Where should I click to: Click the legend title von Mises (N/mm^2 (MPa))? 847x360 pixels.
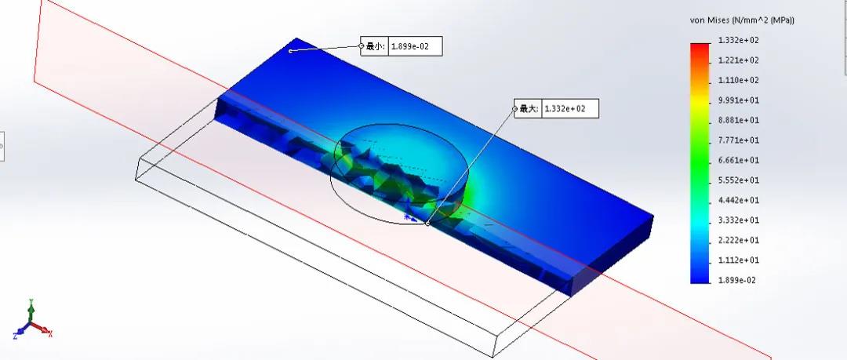click(742, 20)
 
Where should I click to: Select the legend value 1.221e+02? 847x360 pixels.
click(739, 60)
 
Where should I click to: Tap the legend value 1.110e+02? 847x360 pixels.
click(739, 80)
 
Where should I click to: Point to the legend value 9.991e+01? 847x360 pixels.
click(739, 100)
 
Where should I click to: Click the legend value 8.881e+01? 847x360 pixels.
click(739, 120)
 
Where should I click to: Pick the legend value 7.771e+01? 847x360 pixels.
click(739, 140)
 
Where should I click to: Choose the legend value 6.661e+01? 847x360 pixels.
click(739, 160)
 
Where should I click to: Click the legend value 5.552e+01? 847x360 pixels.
click(739, 180)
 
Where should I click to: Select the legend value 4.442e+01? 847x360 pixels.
click(739, 200)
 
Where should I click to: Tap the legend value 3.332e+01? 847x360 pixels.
click(739, 220)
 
